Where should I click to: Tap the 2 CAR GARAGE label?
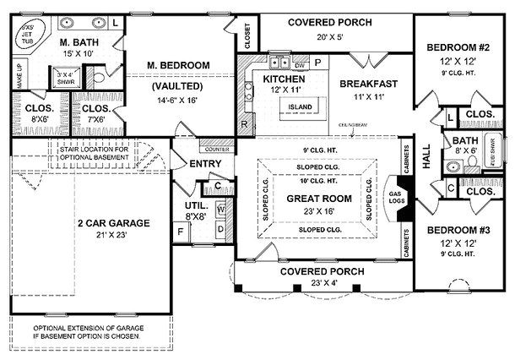tap(113, 223)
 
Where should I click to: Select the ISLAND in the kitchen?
tap(301, 106)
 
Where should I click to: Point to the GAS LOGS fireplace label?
tap(392, 200)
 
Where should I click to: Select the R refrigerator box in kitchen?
tap(244, 125)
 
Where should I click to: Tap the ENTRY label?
tap(205, 163)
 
